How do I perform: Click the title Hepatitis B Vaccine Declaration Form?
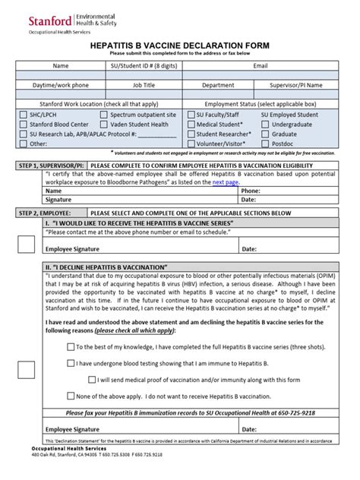click(x=179, y=46)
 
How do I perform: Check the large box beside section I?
click(x=27, y=244)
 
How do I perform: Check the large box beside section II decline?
click(x=27, y=370)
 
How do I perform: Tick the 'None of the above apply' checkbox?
click(x=70, y=396)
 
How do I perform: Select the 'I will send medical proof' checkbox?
click(x=92, y=379)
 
